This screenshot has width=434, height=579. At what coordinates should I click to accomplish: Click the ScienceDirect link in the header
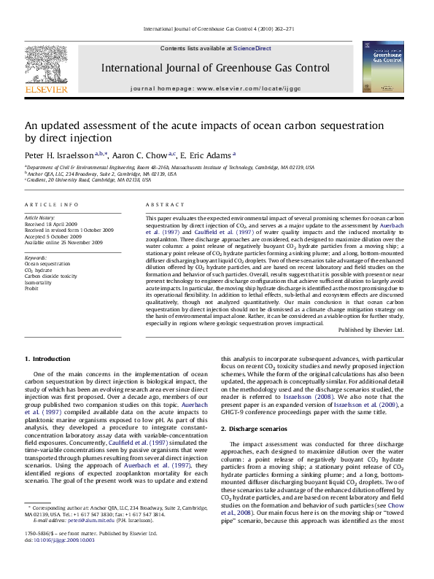coord(252,48)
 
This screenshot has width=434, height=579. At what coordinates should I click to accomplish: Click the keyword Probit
coord(32,288)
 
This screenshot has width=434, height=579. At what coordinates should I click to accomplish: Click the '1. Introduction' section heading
coord(47,359)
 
